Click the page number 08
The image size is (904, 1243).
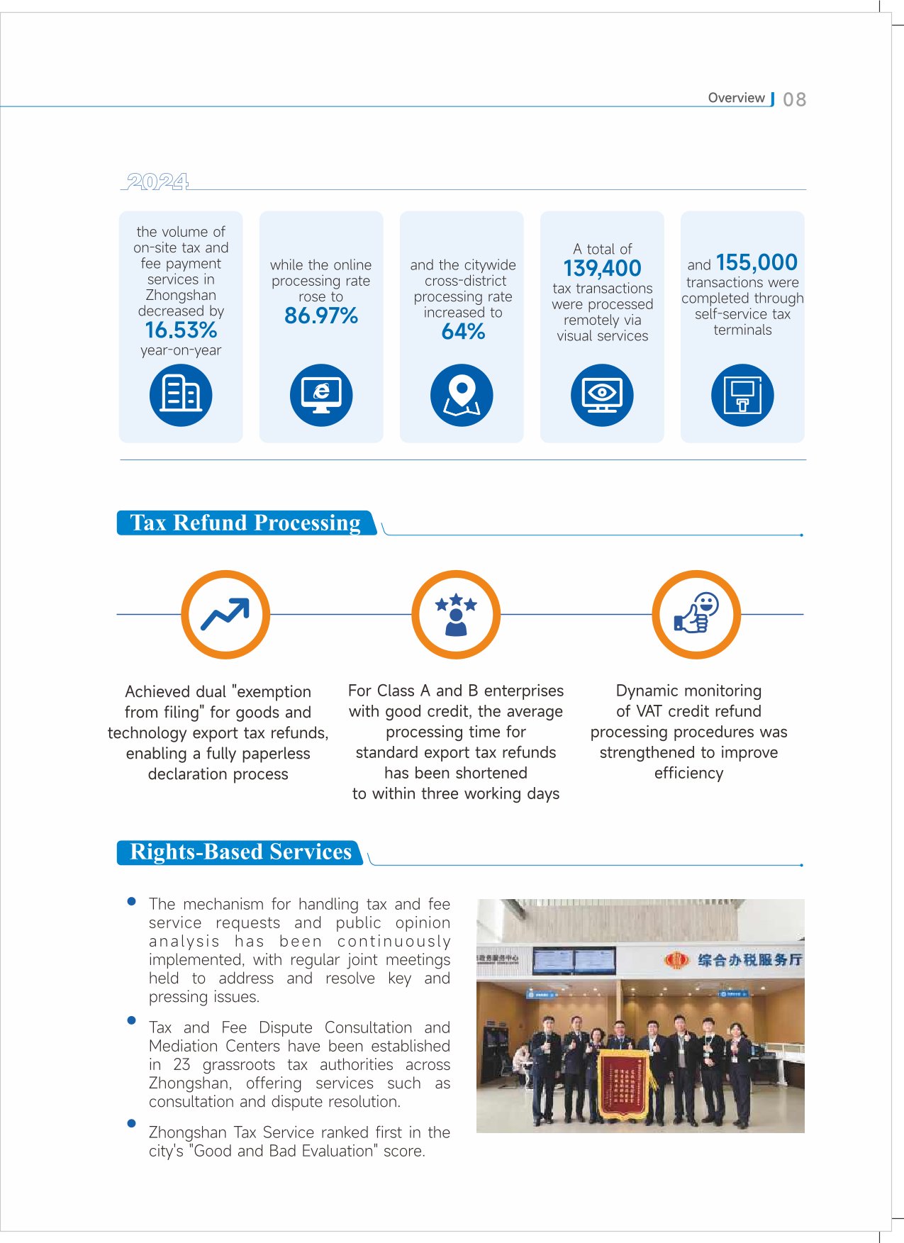pyautogui.click(x=794, y=99)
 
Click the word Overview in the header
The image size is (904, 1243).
pyautogui.click(x=736, y=98)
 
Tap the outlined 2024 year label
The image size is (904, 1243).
pyautogui.click(x=157, y=182)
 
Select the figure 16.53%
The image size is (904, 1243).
pyautogui.click(x=181, y=330)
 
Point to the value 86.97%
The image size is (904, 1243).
pyautogui.click(x=321, y=316)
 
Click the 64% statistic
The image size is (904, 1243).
pyautogui.click(x=463, y=331)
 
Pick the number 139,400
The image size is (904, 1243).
pyautogui.click(x=602, y=268)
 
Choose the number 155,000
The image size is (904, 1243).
pyautogui.click(x=757, y=262)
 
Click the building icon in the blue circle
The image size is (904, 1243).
pyautogui.click(x=181, y=395)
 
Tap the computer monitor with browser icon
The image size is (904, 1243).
pyautogui.click(x=321, y=395)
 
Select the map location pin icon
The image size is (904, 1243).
pyautogui.click(x=462, y=395)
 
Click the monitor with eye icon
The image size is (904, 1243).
pyautogui.click(x=602, y=395)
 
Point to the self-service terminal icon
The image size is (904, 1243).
pyautogui.click(x=742, y=395)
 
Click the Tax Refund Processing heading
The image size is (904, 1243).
pyautogui.click(x=245, y=523)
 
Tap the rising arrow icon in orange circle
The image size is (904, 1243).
pyautogui.click(x=225, y=614)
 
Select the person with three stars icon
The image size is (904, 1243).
pyautogui.click(x=456, y=614)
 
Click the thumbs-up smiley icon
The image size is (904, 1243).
pyautogui.click(x=696, y=614)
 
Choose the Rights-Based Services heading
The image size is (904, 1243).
pyautogui.click(x=240, y=852)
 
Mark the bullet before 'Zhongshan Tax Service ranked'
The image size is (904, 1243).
pyautogui.click(x=131, y=1123)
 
